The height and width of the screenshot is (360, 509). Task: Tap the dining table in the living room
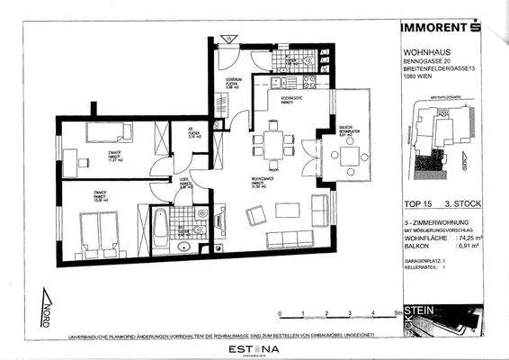tap(273, 144)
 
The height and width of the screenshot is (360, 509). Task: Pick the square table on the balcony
tap(347, 156)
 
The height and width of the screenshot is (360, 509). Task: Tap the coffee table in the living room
tap(288, 211)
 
